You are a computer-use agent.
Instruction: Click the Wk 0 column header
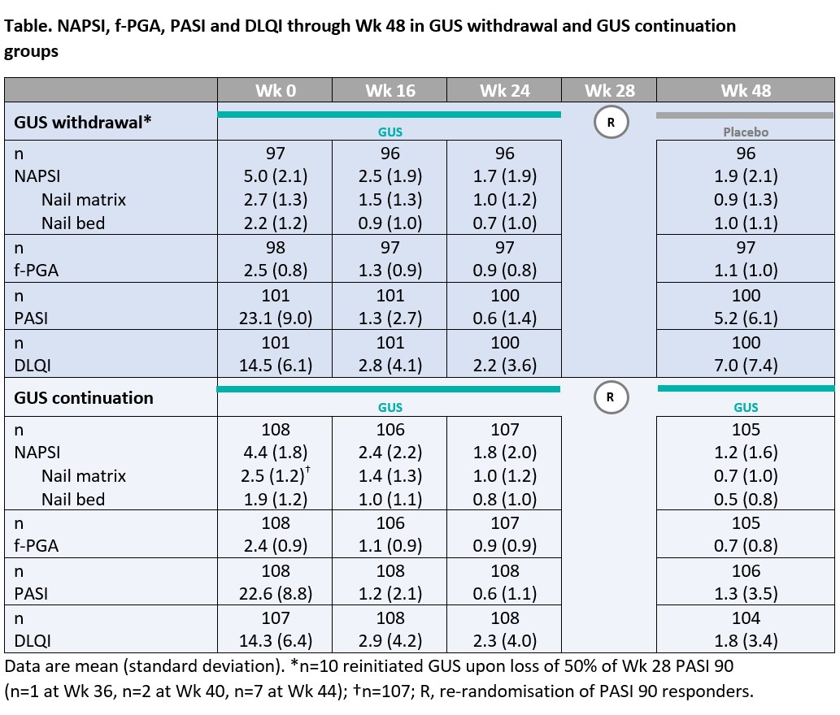275,90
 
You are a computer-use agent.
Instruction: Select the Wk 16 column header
390,90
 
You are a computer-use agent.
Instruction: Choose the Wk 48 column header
745,90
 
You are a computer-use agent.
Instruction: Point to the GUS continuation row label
84,397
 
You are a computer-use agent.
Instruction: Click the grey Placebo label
746,132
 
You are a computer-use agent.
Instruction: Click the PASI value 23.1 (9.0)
275,318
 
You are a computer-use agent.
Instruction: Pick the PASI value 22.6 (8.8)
275,593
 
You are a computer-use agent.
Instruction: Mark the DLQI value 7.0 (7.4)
745,366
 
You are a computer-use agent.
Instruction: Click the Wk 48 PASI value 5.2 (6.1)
745,318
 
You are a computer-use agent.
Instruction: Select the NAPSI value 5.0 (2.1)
275,176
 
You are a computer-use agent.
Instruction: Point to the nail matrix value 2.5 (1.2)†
276,475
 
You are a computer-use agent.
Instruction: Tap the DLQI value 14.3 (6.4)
275,640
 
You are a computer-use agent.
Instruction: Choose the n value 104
745,617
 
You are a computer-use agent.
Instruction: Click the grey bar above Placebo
745,115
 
